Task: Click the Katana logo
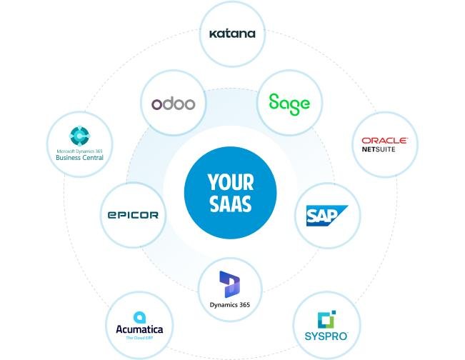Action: coord(232,34)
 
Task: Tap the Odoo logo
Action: coord(173,104)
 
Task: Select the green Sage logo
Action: coord(289,104)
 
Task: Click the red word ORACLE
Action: coord(384,140)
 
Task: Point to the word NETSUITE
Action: coord(379,149)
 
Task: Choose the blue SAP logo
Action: coord(327,216)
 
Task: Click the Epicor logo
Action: coord(133,215)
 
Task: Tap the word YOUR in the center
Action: coord(231,182)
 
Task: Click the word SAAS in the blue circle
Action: coord(231,204)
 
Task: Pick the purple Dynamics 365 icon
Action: coord(230,284)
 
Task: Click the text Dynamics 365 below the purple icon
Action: coord(230,305)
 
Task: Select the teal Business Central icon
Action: coord(79,136)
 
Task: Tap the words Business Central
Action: coord(79,158)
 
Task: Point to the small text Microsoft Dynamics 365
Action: coord(79,151)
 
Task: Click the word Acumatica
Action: coord(139,329)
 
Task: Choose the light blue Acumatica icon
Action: coord(139,317)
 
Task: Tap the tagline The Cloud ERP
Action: coord(139,338)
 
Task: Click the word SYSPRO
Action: coord(326,336)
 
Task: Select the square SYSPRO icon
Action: coord(326,319)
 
